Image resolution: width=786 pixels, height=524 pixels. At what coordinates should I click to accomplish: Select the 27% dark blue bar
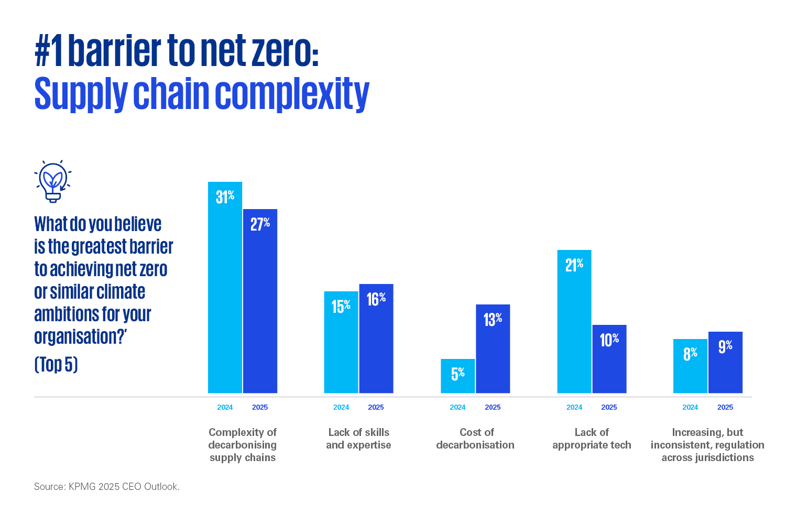pos(260,301)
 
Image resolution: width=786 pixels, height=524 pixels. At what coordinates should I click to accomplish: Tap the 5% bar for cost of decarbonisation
pos(457,376)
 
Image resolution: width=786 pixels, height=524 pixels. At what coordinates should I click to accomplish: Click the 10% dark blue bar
pos(609,359)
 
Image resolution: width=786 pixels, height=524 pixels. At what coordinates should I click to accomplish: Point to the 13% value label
pos(493,319)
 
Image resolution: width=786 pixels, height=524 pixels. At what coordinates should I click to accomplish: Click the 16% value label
pos(376,299)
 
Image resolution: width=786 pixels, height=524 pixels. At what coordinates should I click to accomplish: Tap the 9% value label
pos(725,346)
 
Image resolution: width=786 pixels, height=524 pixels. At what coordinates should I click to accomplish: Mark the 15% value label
pos(341,306)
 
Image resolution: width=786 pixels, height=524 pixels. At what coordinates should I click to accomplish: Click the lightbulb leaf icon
pos(53,181)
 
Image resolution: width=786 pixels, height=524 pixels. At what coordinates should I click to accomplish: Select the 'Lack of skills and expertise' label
pos(359,439)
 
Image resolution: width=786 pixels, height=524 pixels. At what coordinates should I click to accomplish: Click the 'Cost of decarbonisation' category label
pos(475,439)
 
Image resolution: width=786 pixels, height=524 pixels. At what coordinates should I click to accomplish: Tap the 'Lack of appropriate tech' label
pos(592,439)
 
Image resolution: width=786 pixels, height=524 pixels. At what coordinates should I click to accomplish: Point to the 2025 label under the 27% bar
pos(260,407)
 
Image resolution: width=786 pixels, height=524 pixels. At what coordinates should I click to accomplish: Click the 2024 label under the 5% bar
pos(457,407)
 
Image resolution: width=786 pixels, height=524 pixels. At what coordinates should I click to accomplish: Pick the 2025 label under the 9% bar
pos(725,407)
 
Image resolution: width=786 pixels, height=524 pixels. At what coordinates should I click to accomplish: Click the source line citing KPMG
pos(107,487)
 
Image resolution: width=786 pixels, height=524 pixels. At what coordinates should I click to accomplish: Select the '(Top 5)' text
pos(56,364)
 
